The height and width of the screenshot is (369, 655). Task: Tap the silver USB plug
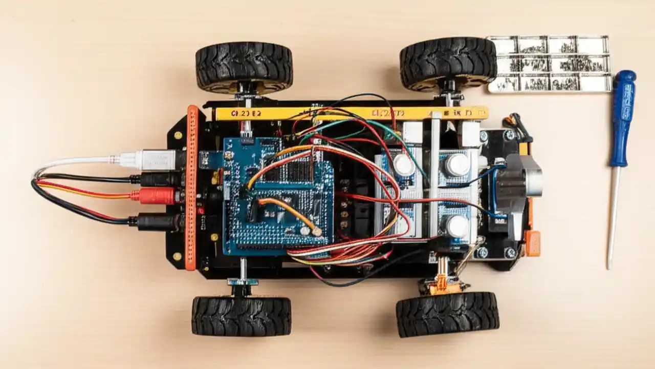tap(156, 159)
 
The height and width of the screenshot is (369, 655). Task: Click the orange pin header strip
tap(191, 187)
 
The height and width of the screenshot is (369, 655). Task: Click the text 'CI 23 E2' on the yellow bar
tap(246, 114)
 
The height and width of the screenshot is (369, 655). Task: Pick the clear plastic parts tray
tap(549, 64)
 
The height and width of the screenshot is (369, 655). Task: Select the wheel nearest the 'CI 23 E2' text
tap(244, 67)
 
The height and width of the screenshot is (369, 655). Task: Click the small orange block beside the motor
tap(532, 243)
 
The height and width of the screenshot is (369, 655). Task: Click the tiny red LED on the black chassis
tap(200, 210)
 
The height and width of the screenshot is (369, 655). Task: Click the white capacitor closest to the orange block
tap(457, 227)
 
